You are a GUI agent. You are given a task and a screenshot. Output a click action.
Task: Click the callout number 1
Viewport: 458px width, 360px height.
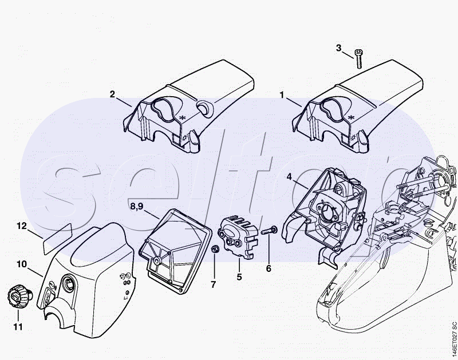click(282, 93)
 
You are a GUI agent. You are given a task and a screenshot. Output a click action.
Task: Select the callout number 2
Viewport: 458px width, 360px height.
click(113, 93)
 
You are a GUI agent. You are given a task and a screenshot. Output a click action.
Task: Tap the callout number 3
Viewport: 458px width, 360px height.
click(338, 48)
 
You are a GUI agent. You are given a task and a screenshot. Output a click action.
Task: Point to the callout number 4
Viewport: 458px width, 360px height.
click(290, 176)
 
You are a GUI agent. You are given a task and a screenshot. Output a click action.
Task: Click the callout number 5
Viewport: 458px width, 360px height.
click(239, 276)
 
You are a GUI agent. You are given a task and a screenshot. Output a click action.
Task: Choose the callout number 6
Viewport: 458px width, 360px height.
click(268, 267)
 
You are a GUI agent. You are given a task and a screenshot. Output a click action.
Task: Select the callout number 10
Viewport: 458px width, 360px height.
click(22, 264)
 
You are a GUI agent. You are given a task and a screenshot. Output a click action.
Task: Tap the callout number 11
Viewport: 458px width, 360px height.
click(18, 327)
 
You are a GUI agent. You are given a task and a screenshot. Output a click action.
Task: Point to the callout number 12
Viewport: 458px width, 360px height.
click(21, 226)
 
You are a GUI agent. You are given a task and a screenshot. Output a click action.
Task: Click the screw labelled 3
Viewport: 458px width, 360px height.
click(360, 60)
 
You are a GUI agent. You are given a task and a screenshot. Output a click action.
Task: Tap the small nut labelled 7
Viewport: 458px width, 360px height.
click(215, 250)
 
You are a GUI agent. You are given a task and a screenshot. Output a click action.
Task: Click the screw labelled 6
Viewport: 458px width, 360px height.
click(269, 231)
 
